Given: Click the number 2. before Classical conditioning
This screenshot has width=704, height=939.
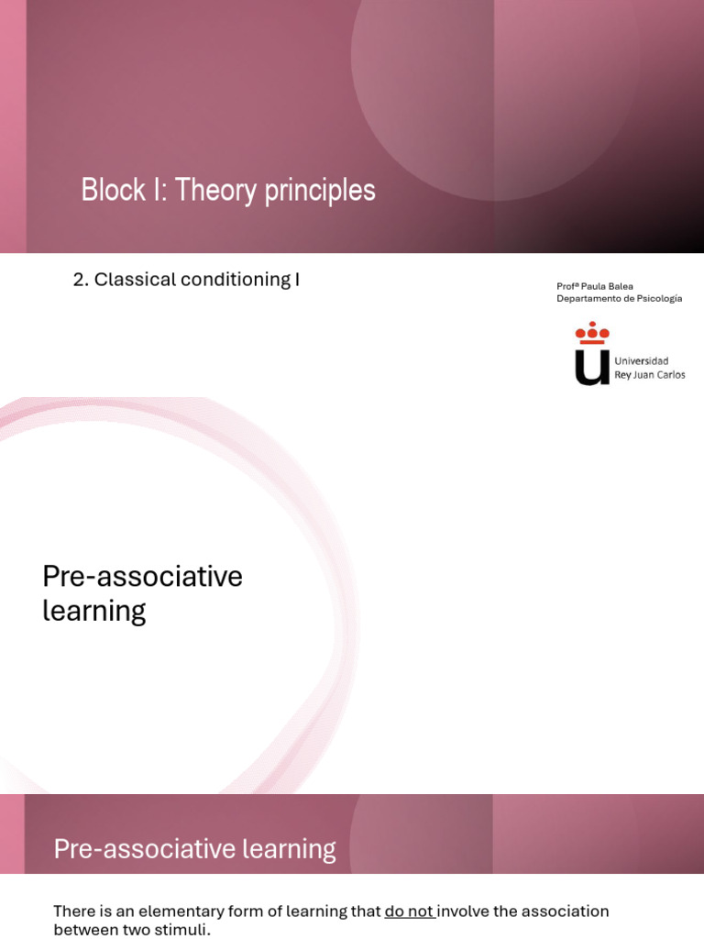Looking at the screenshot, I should click(81, 280).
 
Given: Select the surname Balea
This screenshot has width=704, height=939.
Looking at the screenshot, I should click(621, 286).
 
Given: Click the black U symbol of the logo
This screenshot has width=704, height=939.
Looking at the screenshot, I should click(592, 366).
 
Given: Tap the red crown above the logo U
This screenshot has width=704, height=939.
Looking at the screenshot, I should click(592, 333).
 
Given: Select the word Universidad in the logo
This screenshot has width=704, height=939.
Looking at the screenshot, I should click(641, 361).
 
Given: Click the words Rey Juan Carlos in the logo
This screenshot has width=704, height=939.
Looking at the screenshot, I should click(649, 375).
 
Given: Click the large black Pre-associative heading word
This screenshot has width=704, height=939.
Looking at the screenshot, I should click(142, 577).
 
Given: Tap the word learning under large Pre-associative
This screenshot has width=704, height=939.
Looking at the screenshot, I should click(93, 611).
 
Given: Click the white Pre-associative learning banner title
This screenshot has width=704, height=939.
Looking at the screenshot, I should click(194, 849).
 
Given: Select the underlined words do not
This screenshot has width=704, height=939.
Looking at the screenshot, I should click(409, 911).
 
